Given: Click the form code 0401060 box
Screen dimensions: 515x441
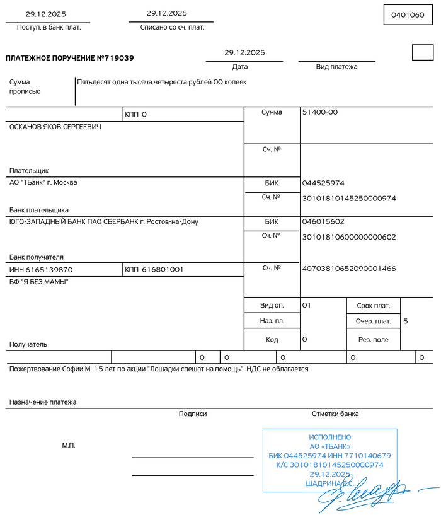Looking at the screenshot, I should pos(408,14).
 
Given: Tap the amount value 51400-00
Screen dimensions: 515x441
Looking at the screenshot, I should pos(320,112).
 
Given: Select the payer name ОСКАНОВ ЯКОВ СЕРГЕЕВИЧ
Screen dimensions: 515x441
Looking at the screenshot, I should pos(55,127).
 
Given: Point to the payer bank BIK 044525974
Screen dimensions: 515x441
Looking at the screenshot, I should pos(323,183).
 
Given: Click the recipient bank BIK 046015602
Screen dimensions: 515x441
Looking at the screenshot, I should pos(323,222).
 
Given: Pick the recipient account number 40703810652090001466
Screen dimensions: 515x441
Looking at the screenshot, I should pos(349,269).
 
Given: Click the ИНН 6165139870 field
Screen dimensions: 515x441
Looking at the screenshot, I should pos(41,269).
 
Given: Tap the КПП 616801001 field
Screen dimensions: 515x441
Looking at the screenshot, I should pos(154,269).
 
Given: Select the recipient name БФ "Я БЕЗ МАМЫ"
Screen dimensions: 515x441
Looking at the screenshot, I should pos(38,282).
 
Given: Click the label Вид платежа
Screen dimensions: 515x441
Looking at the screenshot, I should pos(336,67).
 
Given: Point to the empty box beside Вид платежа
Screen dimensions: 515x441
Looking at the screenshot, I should pos(422,52).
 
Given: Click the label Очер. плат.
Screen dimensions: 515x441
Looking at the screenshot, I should pos(373,321).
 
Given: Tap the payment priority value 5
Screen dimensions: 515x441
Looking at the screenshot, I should pos(406,321).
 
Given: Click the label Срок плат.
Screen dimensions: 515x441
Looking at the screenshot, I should pos(373,306).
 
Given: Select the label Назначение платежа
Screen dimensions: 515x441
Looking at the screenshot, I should pos(43,402).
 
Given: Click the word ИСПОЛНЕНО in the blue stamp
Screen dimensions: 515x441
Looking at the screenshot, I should pos(329,437).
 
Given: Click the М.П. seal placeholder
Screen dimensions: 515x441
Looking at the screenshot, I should pos(69,446).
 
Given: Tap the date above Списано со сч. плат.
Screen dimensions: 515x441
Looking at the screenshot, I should pos(166,13).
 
